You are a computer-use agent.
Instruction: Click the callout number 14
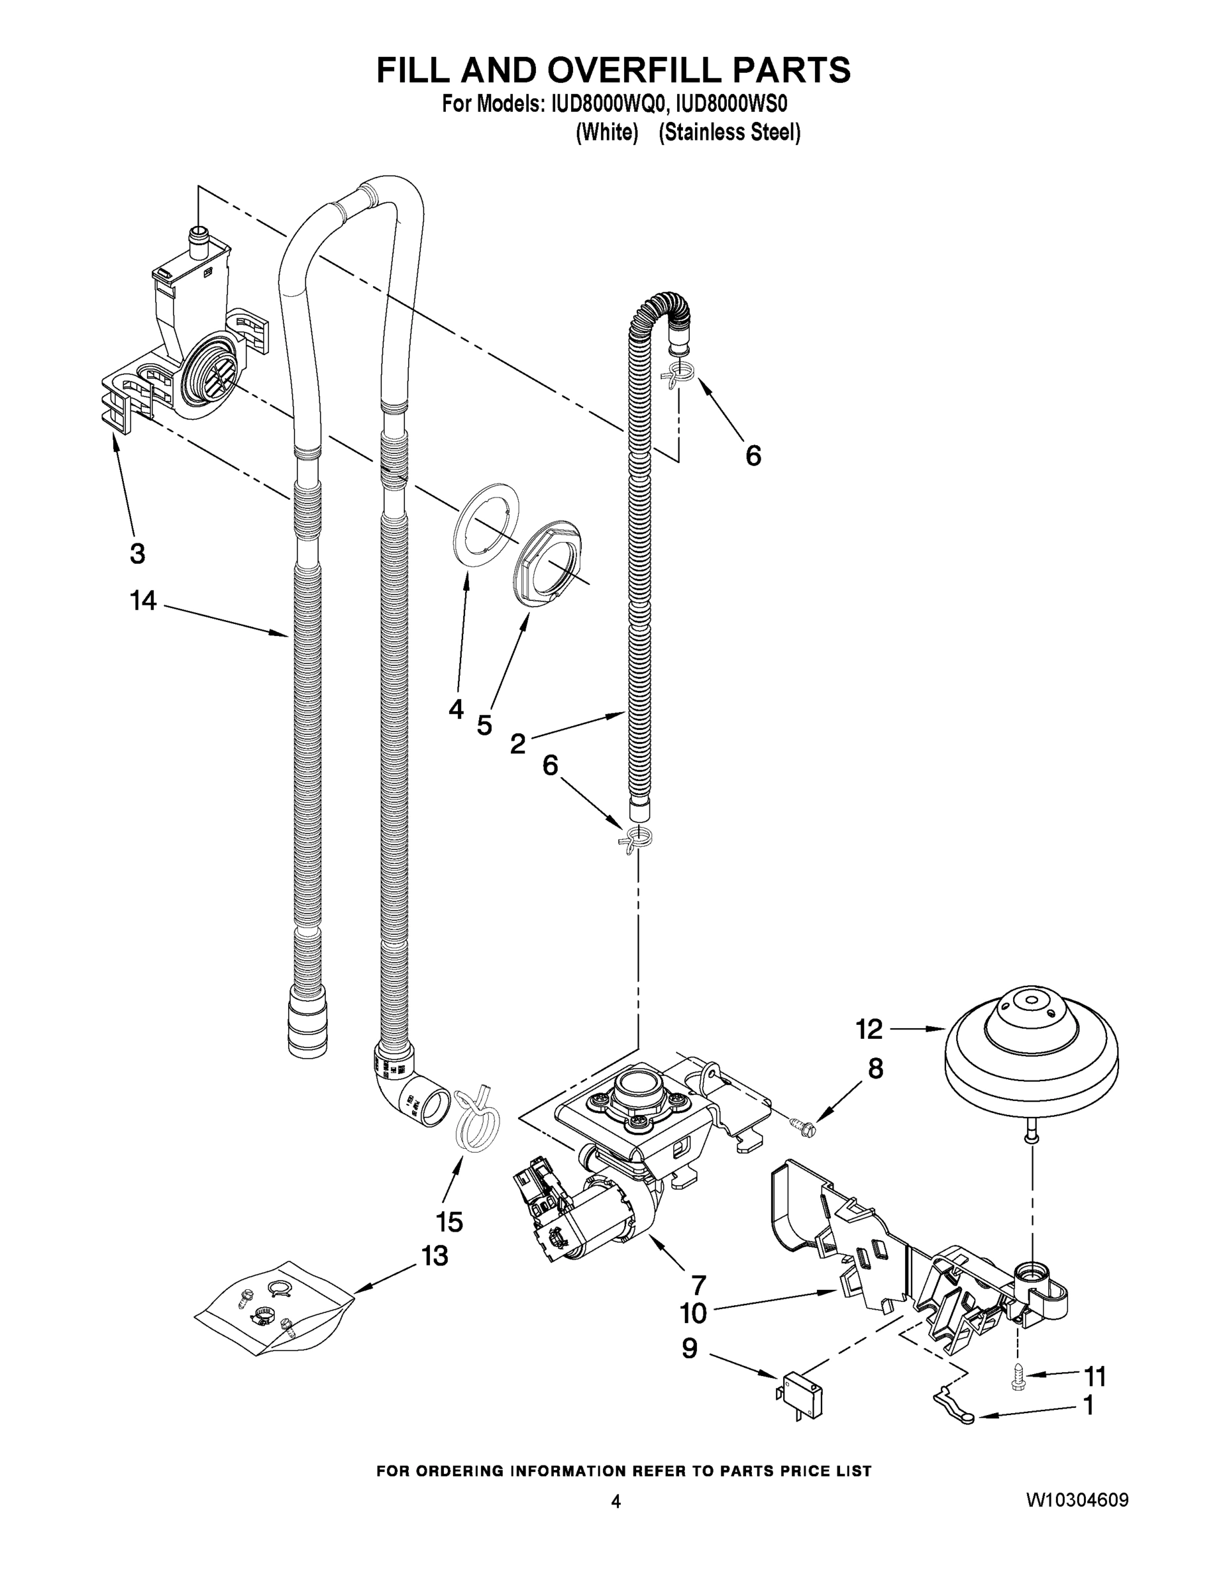point(143,602)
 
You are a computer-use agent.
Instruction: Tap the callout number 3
point(137,553)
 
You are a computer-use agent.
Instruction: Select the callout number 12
point(869,1029)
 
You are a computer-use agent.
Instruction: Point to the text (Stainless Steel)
point(729,133)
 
